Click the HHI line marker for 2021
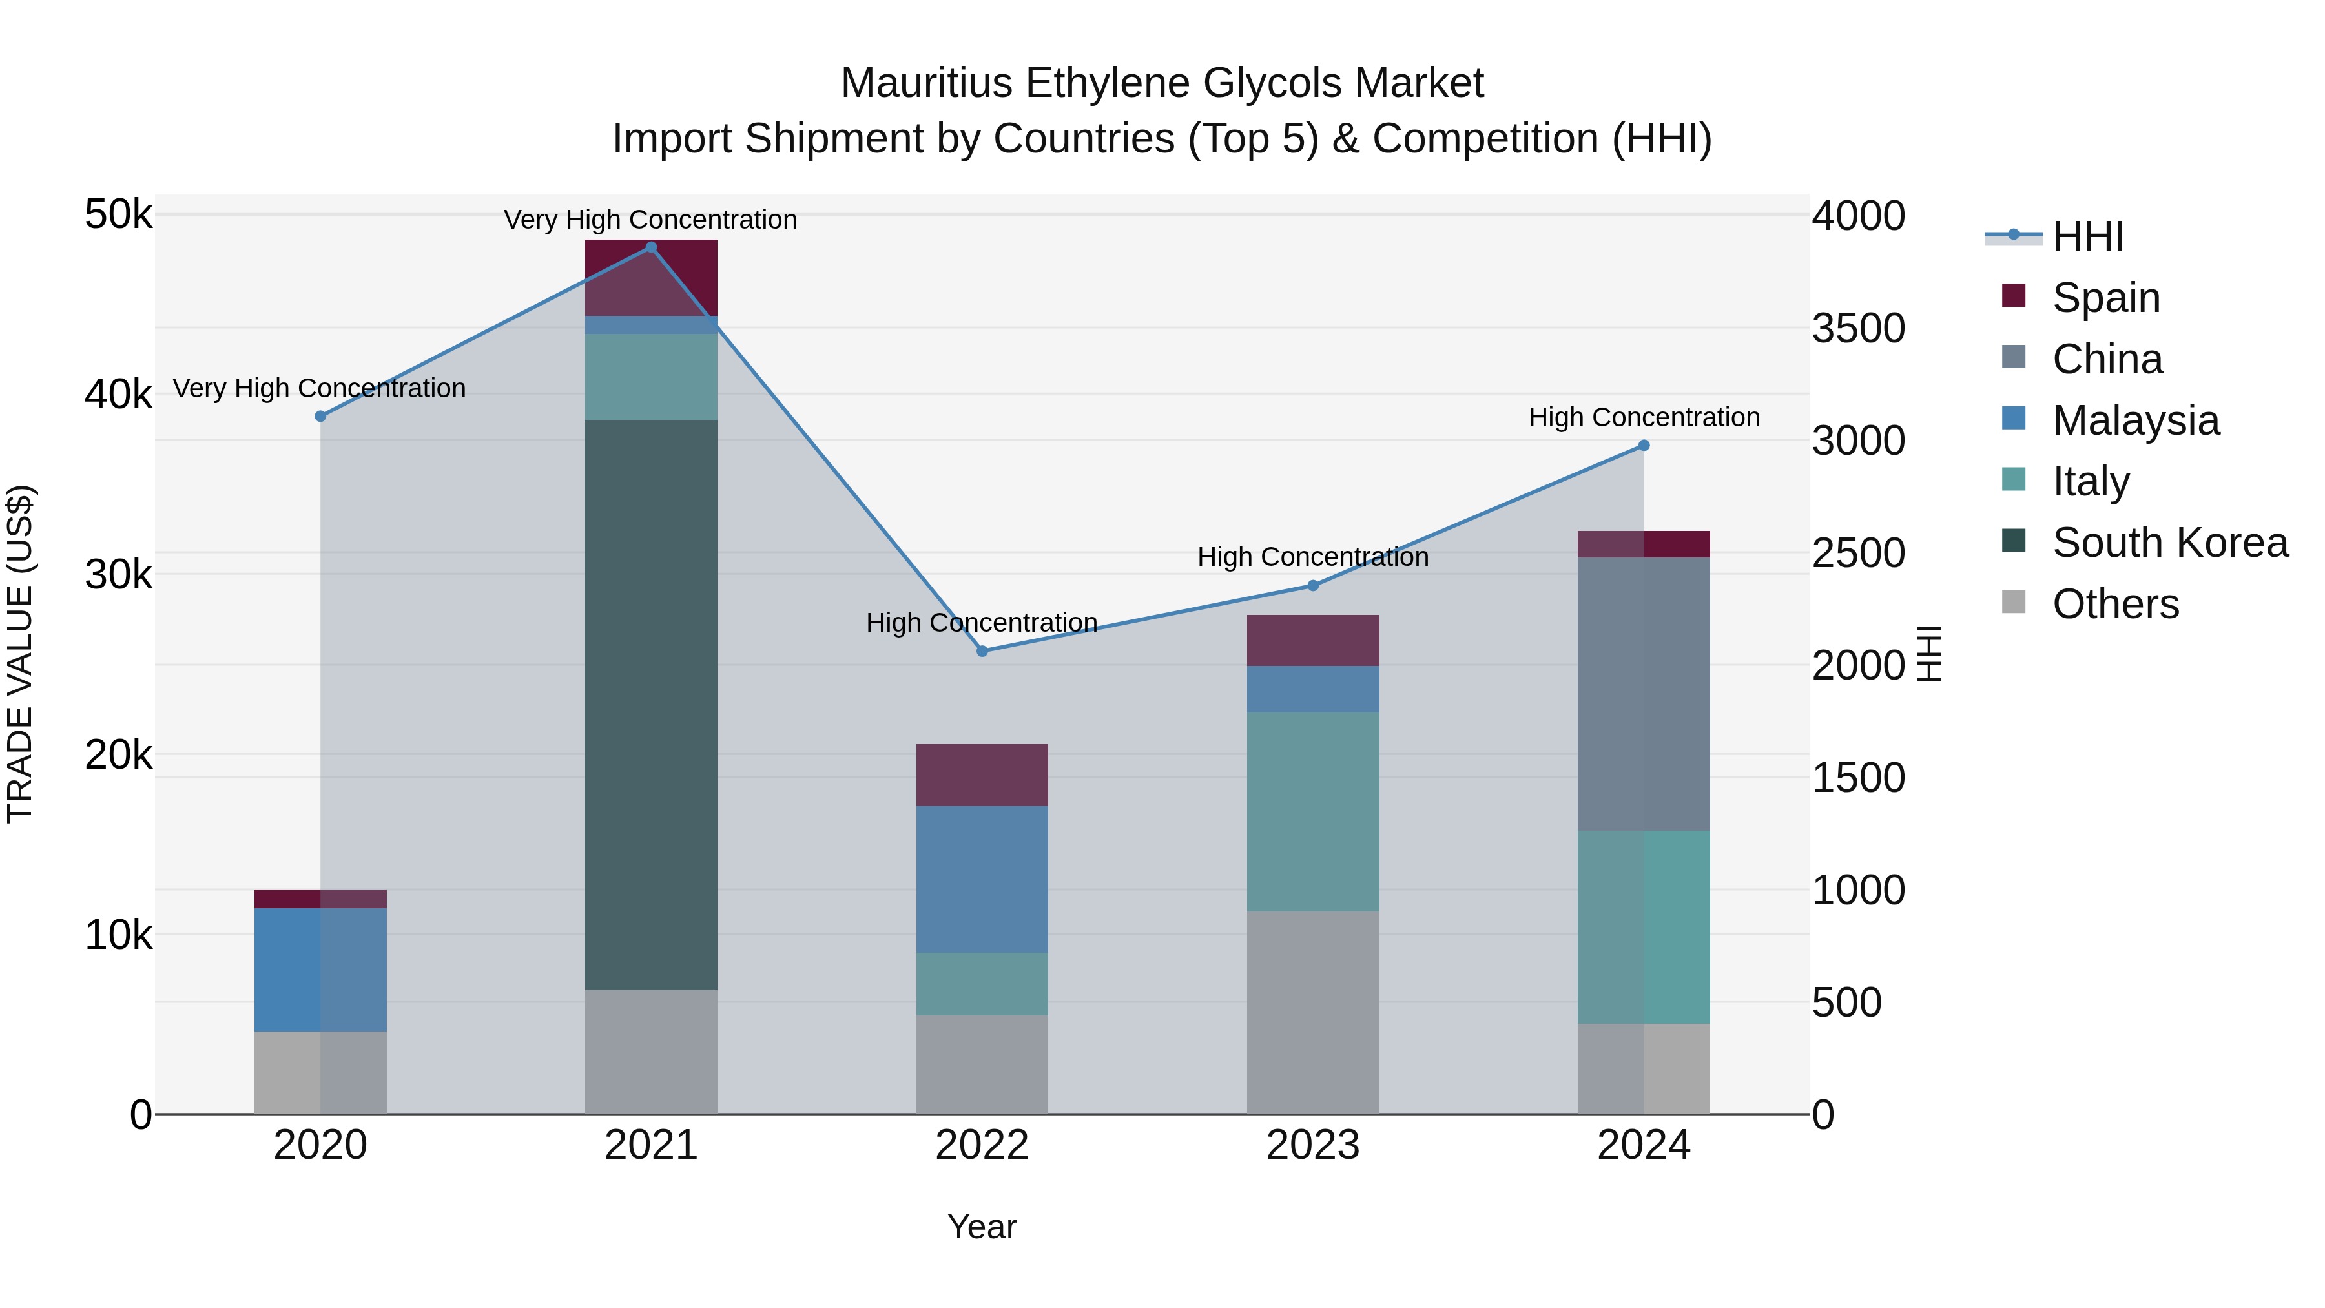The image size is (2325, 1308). click(651, 247)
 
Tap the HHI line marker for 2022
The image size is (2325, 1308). click(982, 651)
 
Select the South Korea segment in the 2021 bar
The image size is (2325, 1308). click(651, 704)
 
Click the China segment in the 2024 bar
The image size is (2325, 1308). click(1644, 693)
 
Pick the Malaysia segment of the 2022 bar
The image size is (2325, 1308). click(982, 879)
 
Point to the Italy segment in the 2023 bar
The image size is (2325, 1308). click(1313, 811)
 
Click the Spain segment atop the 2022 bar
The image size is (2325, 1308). click(982, 774)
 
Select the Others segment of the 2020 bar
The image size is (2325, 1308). click(320, 1072)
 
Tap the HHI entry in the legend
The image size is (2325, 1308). click(2087, 236)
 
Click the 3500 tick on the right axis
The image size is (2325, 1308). click(1857, 329)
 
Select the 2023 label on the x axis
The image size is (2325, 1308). click(1313, 1145)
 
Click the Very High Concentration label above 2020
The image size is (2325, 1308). click(320, 388)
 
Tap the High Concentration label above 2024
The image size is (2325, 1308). click(1644, 417)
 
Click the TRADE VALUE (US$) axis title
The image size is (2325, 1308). click(20, 654)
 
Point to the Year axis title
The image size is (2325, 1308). click(982, 1227)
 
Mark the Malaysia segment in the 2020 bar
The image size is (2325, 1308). click(320, 970)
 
